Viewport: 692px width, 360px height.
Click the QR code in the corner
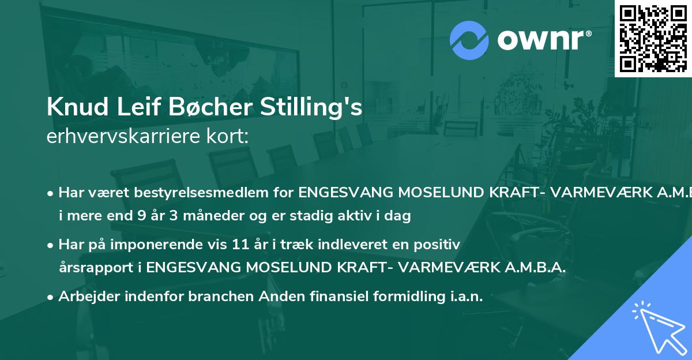653,38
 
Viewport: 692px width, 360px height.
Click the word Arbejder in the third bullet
89,297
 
